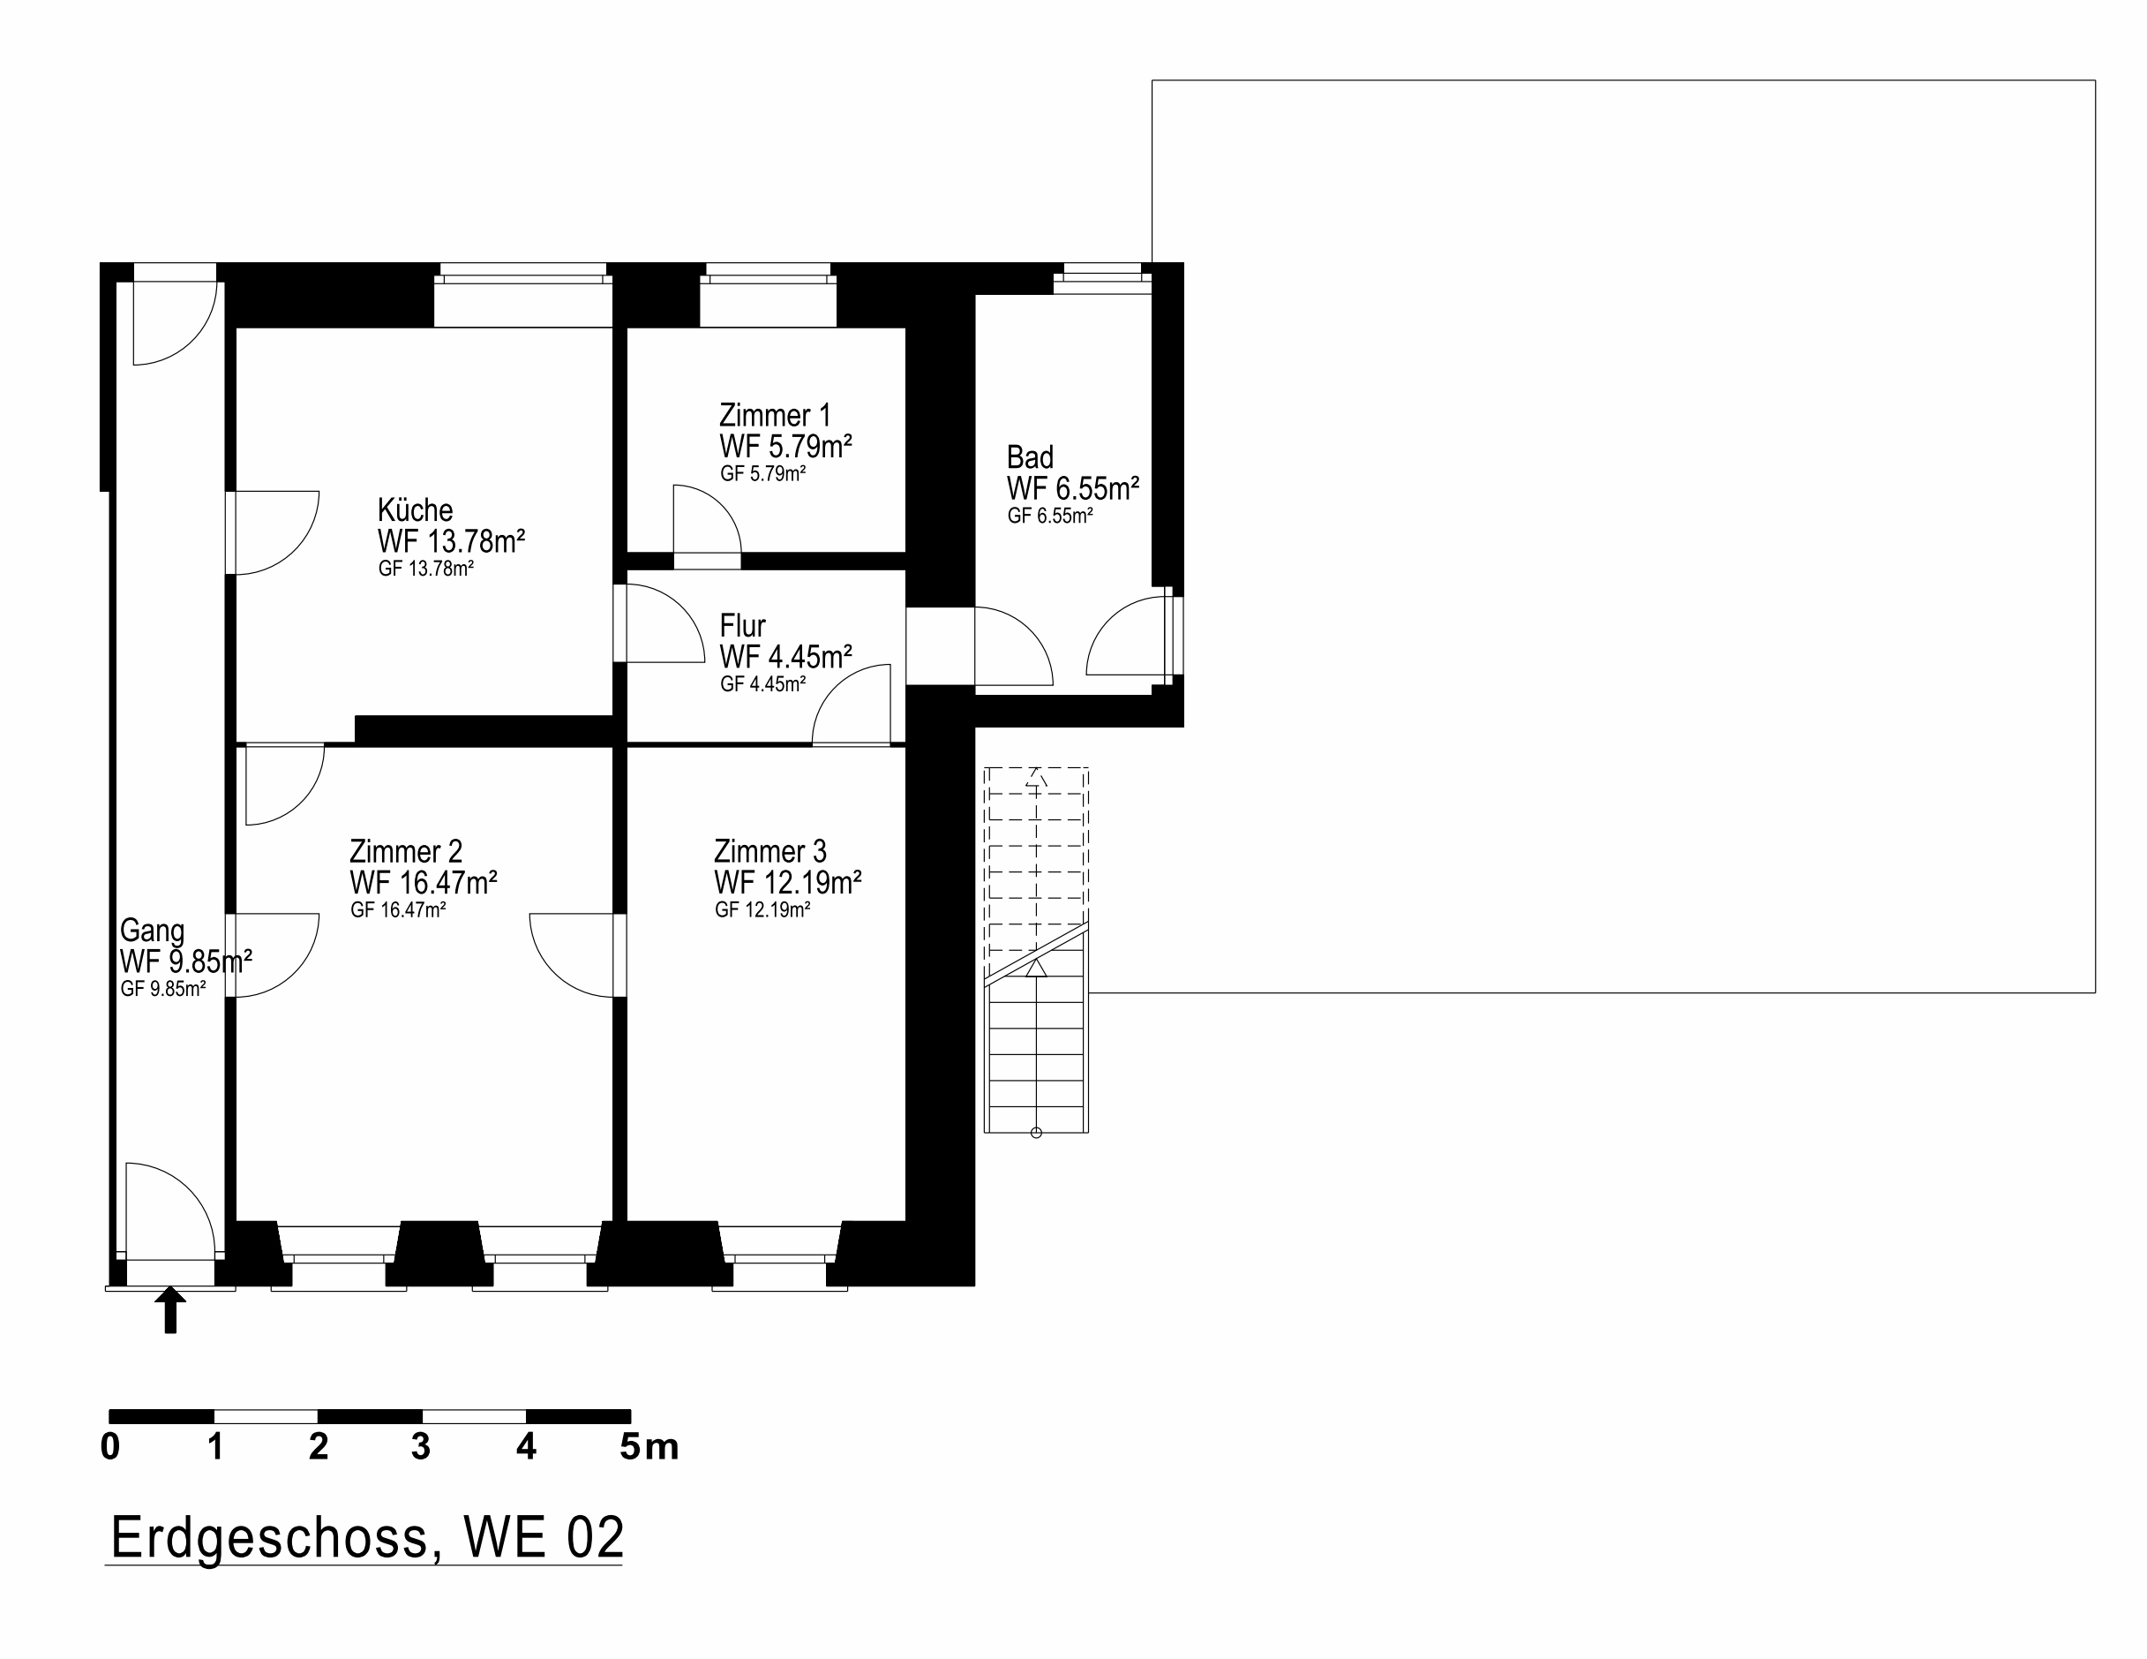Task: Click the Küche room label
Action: tap(415, 510)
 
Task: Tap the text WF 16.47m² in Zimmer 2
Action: tap(423, 882)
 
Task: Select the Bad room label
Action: tap(1029, 457)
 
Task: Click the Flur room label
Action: tap(742, 625)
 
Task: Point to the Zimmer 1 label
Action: tap(774, 415)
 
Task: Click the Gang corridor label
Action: tap(152, 931)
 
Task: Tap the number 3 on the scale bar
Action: tap(421, 1446)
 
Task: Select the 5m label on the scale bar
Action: tap(649, 1446)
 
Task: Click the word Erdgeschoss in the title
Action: tap(269, 1537)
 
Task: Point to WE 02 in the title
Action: tap(544, 1537)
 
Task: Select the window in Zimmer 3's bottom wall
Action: tap(779, 1259)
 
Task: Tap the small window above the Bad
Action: tap(1102, 276)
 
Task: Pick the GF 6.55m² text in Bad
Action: tap(1049, 517)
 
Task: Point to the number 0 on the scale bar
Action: tap(110, 1446)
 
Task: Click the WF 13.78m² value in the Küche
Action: tap(450, 541)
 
